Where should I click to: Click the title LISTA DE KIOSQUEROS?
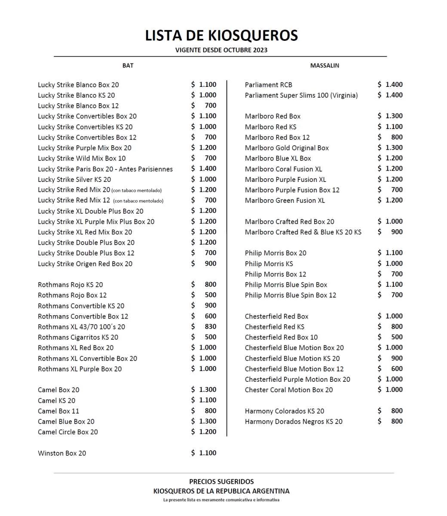pos(221,35)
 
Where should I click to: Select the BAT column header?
pos(128,65)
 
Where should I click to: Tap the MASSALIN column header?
pos(325,65)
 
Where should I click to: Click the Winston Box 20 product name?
pos(62,453)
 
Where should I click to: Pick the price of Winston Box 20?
pos(204,453)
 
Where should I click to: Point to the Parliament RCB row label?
pos(268,85)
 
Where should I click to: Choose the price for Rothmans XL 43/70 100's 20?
pos(204,326)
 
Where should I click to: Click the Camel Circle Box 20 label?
pos(67,432)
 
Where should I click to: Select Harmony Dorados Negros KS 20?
pos(294,422)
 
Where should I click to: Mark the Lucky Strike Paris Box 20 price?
pos(204,169)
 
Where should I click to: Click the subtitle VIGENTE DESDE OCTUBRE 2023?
pos(221,50)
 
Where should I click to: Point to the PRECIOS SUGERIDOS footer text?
pos(221,482)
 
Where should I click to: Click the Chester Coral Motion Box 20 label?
pos(289,390)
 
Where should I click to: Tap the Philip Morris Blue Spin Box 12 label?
pos(291,295)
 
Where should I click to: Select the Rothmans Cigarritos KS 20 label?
pos(78,338)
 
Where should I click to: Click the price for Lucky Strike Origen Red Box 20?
pos(204,264)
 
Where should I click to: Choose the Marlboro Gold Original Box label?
pos(287,148)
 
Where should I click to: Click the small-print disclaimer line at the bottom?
pos(221,500)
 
